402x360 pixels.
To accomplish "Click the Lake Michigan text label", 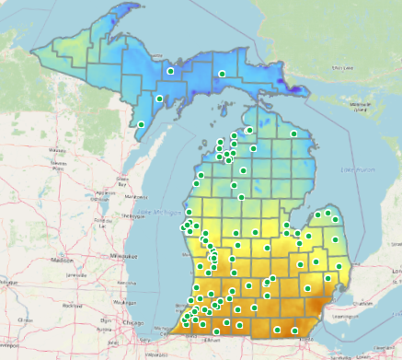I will coord(158,213).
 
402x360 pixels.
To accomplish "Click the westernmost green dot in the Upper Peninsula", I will coord(142,124).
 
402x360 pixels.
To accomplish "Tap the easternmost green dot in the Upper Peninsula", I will coord(222,74).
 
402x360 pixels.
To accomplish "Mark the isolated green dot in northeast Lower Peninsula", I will coord(293,134).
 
